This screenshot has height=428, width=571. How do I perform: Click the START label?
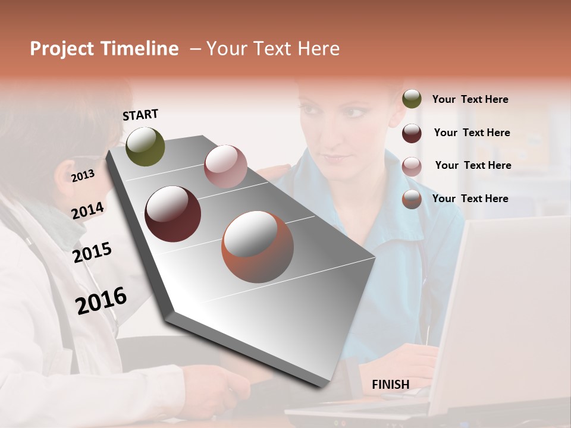tap(140, 115)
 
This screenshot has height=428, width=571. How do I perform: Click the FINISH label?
tap(390, 385)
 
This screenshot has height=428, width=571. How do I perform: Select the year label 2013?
tap(83, 175)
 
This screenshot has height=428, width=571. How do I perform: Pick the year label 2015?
tap(92, 253)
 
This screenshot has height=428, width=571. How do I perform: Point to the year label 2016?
tap(101, 300)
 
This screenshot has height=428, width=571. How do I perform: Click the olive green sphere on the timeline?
tap(145, 146)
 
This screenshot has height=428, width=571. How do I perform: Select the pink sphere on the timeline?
tap(225, 166)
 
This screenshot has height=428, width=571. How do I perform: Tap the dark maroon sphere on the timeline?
tap(172, 214)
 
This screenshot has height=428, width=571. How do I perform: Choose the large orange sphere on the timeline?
tap(258, 247)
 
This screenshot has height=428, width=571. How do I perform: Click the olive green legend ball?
tap(412, 99)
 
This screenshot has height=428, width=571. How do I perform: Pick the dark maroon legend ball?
tap(412, 133)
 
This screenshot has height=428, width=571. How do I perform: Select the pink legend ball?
tap(412, 166)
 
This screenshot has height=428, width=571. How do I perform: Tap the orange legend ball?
tap(412, 199)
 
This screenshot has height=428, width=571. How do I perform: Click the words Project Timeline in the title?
tap(104, 49)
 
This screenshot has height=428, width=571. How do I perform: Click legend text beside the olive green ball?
tap(470, 99)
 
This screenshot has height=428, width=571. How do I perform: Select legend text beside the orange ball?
tap(470, 199)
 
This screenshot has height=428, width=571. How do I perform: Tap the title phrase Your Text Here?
tap(272, 49)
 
